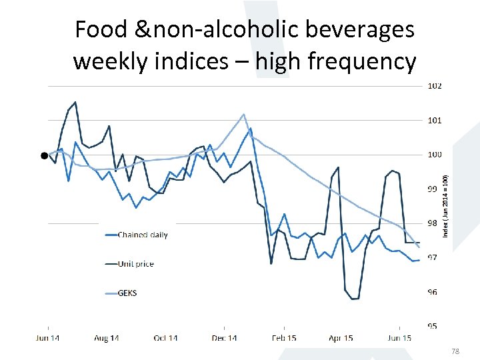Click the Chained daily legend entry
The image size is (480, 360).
click(x=143, y=235)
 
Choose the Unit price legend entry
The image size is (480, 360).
click(x=135, y=264)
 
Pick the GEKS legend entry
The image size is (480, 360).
click(x=127, y=293)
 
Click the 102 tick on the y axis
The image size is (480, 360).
click(x=435, y=86)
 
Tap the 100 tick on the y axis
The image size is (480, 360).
click(x=435, y=155)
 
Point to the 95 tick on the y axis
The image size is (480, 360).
click(x=433, y=326)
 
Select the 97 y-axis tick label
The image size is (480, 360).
click(x=433, y=258)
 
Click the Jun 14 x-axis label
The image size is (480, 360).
click(x=47, y=339)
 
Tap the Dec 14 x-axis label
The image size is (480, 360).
click(x=224, y=339)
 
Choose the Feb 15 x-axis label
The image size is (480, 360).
click(x=283, y=339)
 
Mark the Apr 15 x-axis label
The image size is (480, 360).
click(x=341, y=339)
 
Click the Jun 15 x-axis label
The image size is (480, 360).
click(x=399, y=339)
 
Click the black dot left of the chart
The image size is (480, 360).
click(x=44, y=155)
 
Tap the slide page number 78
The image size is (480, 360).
click(x=456, y=351)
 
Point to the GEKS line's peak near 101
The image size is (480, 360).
click(x=244, y=115)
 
